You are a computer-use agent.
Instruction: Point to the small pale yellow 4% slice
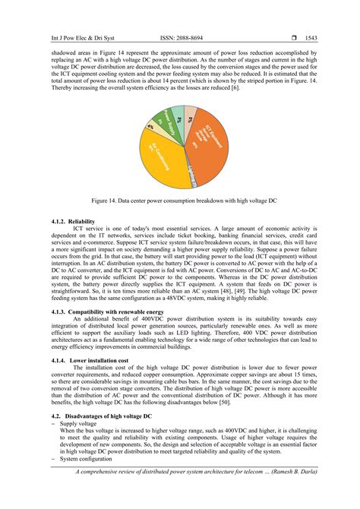[x=150, y=127]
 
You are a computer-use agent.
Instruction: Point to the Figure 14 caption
[x=180, y=202]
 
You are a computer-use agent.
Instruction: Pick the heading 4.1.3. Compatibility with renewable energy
[x=114, y=311]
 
